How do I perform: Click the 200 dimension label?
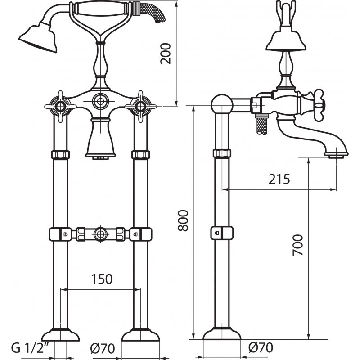coord(166,54)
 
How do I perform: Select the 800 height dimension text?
coord(183,220)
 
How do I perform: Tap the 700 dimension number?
coord(298,245)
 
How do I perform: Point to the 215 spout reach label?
coord(279,179)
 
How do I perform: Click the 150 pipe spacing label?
coord(102,279)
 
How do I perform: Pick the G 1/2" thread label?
coord(31,348)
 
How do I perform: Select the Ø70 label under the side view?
coord(261,347)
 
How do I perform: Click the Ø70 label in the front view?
coord(103,348)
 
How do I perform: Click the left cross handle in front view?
coord(60,107)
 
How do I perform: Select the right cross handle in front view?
coord(140,107)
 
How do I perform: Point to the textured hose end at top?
coord(149,12)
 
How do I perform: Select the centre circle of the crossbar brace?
coord(100,234)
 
